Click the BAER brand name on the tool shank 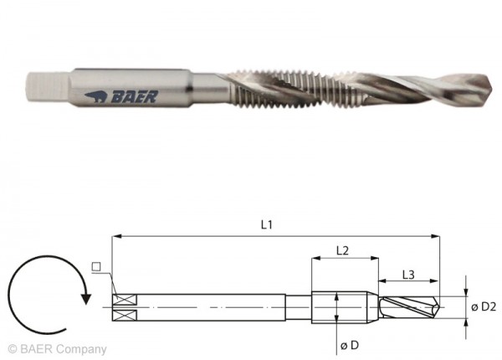135,97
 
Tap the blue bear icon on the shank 95,96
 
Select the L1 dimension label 266,225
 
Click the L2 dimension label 342,250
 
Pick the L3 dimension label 408,275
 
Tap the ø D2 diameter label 484,306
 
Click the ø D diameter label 349,345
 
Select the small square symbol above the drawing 96,266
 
